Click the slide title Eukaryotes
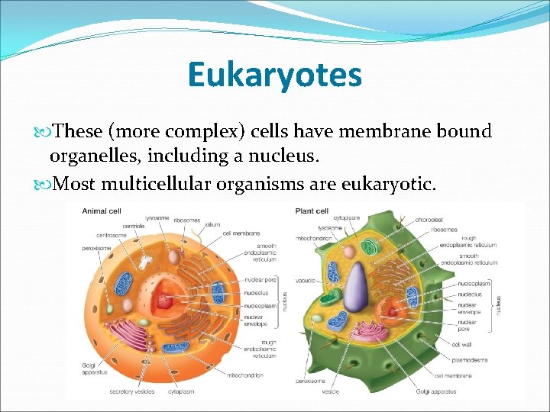274,76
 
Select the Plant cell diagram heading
312,211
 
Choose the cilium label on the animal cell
213,224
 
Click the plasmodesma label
469,359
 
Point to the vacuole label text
306,281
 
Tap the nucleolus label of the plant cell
470,294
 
